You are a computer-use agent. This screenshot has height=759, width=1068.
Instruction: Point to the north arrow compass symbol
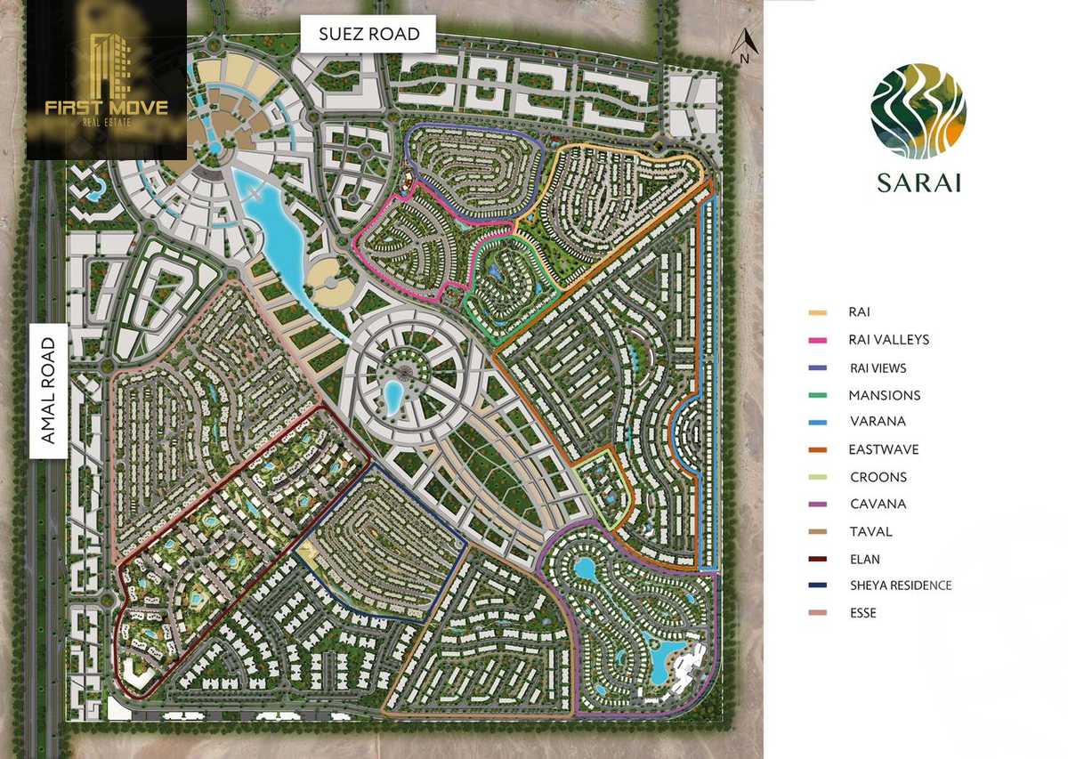pos(745,44)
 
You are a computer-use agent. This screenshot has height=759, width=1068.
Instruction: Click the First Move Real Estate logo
pos(106,80)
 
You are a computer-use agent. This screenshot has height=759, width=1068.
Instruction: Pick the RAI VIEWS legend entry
pos(878,367)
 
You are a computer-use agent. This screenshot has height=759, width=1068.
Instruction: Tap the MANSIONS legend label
pos(884,395)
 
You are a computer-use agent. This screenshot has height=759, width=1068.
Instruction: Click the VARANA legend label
pos(877,422)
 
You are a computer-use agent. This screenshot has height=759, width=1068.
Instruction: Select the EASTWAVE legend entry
pos(883,449)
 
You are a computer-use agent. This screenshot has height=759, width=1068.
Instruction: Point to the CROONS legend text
pos(878,477)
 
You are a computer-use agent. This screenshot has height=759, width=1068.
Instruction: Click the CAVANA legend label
pos(877,504)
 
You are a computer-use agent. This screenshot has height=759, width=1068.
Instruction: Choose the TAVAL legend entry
pos(870,531)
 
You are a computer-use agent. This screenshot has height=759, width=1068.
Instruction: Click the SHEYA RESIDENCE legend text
pos(900,585)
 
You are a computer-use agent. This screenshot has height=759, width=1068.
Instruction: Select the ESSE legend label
pos(862,613)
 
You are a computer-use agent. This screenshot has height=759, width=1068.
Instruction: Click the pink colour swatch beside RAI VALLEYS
pos(816,340)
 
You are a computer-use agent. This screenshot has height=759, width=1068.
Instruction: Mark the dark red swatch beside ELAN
pos(816,559)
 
